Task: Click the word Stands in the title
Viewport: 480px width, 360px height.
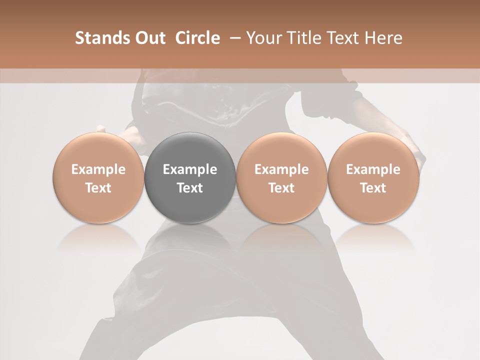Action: (100, 38)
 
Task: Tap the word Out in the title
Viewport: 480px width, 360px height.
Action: (148, 38)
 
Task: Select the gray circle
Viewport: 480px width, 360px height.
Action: (190, 178)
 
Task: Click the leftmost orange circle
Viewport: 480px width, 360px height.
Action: (98, 178)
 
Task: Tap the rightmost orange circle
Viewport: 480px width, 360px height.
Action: (373, 178)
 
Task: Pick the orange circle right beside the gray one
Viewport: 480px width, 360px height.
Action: (281, 178)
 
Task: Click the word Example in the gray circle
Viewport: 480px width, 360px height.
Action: (190, 169)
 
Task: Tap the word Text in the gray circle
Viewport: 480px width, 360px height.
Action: (190, 188)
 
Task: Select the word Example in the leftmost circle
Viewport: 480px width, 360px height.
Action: (98, 169)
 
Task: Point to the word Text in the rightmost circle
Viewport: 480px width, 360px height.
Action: (373, 188)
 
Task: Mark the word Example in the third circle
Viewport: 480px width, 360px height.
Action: (281, 169)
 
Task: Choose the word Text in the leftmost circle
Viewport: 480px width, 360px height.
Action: (98, 188)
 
